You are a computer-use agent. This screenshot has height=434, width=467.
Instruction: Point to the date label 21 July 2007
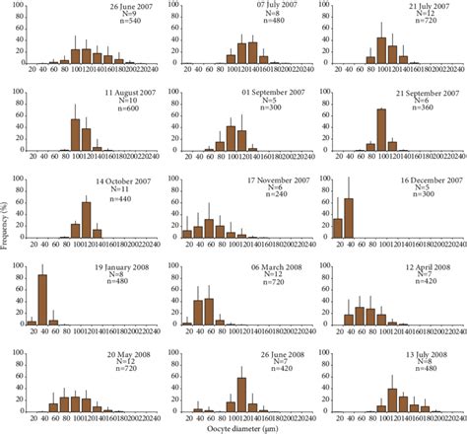pos(430,7)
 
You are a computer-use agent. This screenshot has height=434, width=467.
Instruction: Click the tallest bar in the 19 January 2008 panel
pos(42,300)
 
